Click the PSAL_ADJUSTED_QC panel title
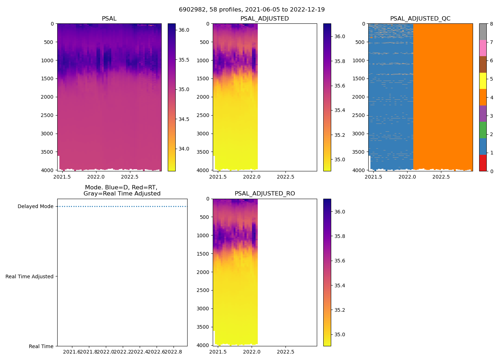point(420,19)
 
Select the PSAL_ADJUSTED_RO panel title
point(265,194)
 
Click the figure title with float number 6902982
point(252,10)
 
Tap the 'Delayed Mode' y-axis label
point(35,207)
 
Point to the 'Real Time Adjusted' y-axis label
point(30,276)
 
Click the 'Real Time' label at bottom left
point(41,346)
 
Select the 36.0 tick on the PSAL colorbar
point(184,30)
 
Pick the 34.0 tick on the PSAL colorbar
point(184,149)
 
